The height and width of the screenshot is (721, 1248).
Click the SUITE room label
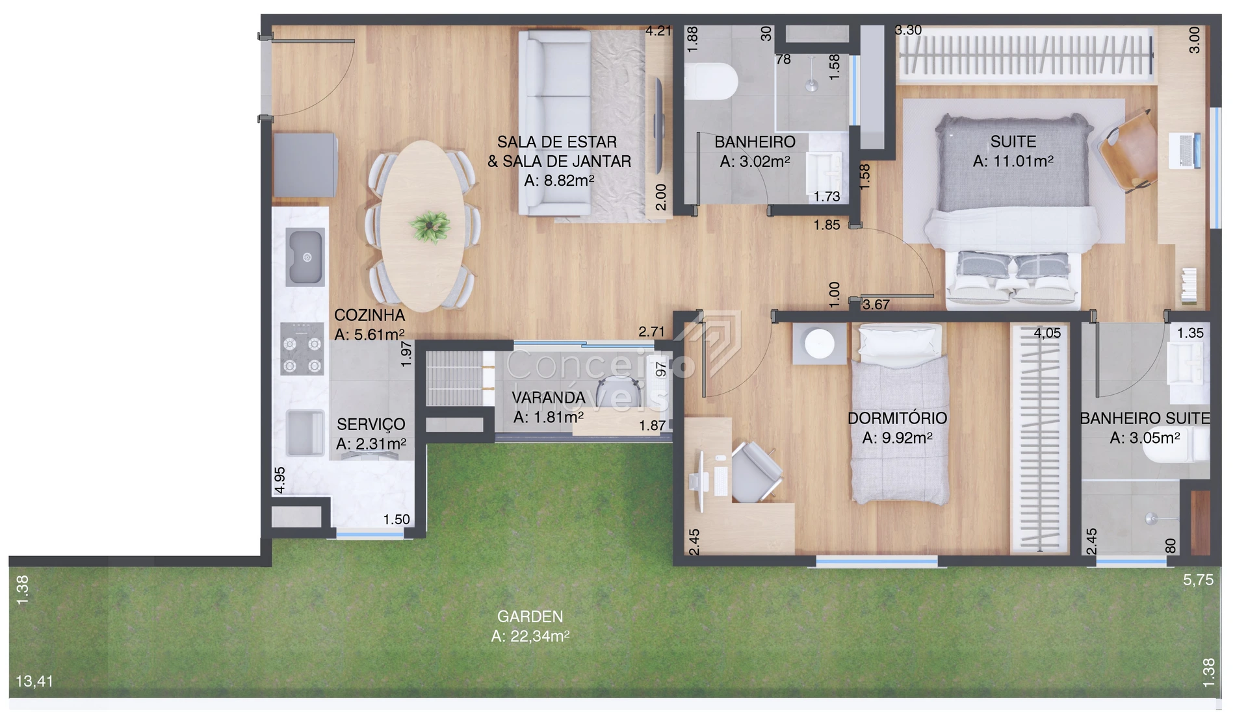1013,142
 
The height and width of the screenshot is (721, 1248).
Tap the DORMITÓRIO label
897,418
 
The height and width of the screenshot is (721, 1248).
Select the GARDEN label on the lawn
530,616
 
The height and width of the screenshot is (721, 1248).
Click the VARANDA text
548,398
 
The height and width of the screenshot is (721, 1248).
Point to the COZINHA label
369,315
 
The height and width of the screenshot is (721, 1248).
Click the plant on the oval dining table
430,227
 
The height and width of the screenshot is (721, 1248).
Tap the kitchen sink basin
305,257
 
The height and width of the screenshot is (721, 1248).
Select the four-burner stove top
302,349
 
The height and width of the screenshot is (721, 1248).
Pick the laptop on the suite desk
1184,150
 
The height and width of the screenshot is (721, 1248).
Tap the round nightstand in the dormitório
819,344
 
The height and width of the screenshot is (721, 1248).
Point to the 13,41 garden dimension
34,681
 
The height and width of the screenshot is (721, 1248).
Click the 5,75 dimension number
1198,580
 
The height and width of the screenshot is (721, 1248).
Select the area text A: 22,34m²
530,636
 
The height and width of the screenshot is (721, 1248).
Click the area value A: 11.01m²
1013,161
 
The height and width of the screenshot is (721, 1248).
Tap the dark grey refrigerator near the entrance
305,165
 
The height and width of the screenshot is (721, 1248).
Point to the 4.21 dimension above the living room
658,31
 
